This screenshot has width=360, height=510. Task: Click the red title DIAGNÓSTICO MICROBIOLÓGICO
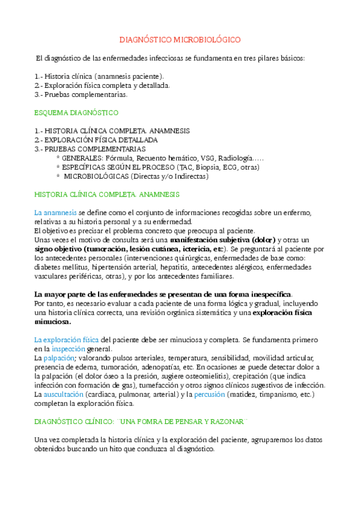click(x=180, y=40)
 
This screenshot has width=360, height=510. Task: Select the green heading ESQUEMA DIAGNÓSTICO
click(x=76, y=112)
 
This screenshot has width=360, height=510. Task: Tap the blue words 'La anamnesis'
click(x=55, y=212)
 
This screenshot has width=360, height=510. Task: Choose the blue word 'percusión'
click(x=210, y=394)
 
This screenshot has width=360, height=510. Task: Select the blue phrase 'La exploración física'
click(x=67, y=340)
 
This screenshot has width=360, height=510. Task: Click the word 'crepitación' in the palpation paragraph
click(x=259, y=376)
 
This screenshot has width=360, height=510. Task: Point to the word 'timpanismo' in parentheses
click(x=278, y=394)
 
